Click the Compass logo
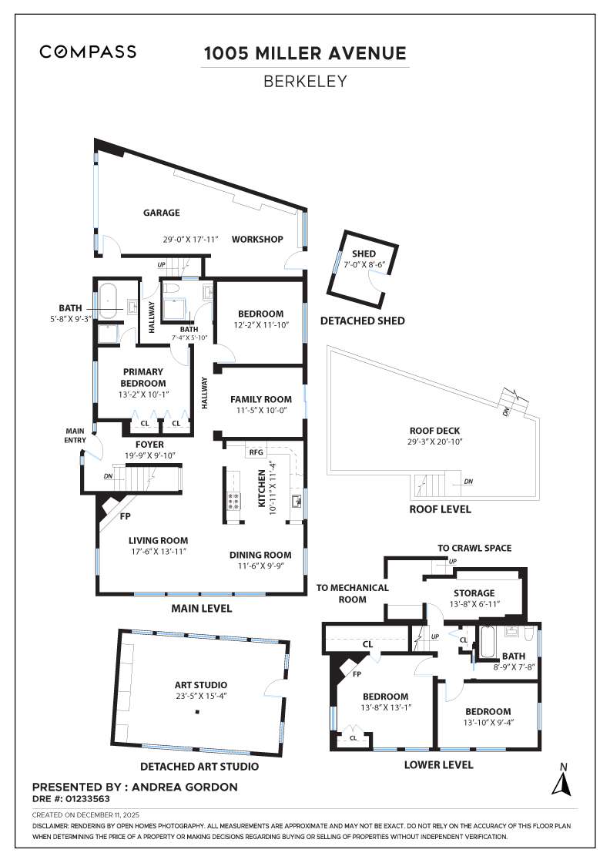(88, 52)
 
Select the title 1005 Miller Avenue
(304, 53)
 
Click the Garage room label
(161, 213)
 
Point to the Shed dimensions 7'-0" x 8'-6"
(364, 264)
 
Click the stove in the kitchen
(235, 502)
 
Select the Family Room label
(261, 399)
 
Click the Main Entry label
(75, 436)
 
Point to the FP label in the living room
(125, 515)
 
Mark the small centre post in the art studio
(197, 712)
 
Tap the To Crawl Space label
(474, 548)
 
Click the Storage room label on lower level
(473, 593)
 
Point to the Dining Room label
(260, 554)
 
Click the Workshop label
(258, 239)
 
